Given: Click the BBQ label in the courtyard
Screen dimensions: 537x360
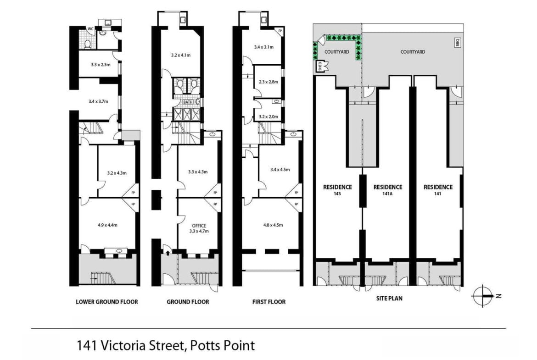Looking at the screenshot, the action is tap(458, 43).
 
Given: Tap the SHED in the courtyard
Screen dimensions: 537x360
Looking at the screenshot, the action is tap(320, 66).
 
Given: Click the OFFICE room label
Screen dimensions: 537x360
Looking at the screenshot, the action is tap(199, 226).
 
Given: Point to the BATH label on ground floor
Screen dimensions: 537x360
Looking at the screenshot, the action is tap(188, 102).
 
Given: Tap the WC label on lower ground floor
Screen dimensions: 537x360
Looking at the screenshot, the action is tap(90, 29).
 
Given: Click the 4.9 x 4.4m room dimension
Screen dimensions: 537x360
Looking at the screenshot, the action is tap(107, 225).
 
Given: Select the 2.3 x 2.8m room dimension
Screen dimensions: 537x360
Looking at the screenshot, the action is tap(268, 82).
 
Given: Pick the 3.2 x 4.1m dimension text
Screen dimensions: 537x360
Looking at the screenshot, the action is tap(181, 55).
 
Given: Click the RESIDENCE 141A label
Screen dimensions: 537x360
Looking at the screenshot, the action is tap(388, 190).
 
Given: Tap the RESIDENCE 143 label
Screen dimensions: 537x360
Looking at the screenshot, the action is tap(338, 190).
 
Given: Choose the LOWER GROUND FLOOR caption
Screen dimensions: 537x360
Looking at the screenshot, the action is tap(107, 302).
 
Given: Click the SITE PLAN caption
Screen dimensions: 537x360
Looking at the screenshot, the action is tap(389, 299).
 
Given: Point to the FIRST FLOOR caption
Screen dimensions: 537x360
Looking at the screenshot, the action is tap(269, 302).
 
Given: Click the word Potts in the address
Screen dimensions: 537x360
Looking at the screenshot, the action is tap(205, 345).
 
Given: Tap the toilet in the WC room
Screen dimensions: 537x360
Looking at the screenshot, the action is tap(88, 44).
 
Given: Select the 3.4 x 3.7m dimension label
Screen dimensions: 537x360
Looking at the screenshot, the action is tap(98, 101).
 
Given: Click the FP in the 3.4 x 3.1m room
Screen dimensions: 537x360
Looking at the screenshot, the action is tap(280, 31).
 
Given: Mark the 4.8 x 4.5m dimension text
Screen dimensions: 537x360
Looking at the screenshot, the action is tap(273, 225).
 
